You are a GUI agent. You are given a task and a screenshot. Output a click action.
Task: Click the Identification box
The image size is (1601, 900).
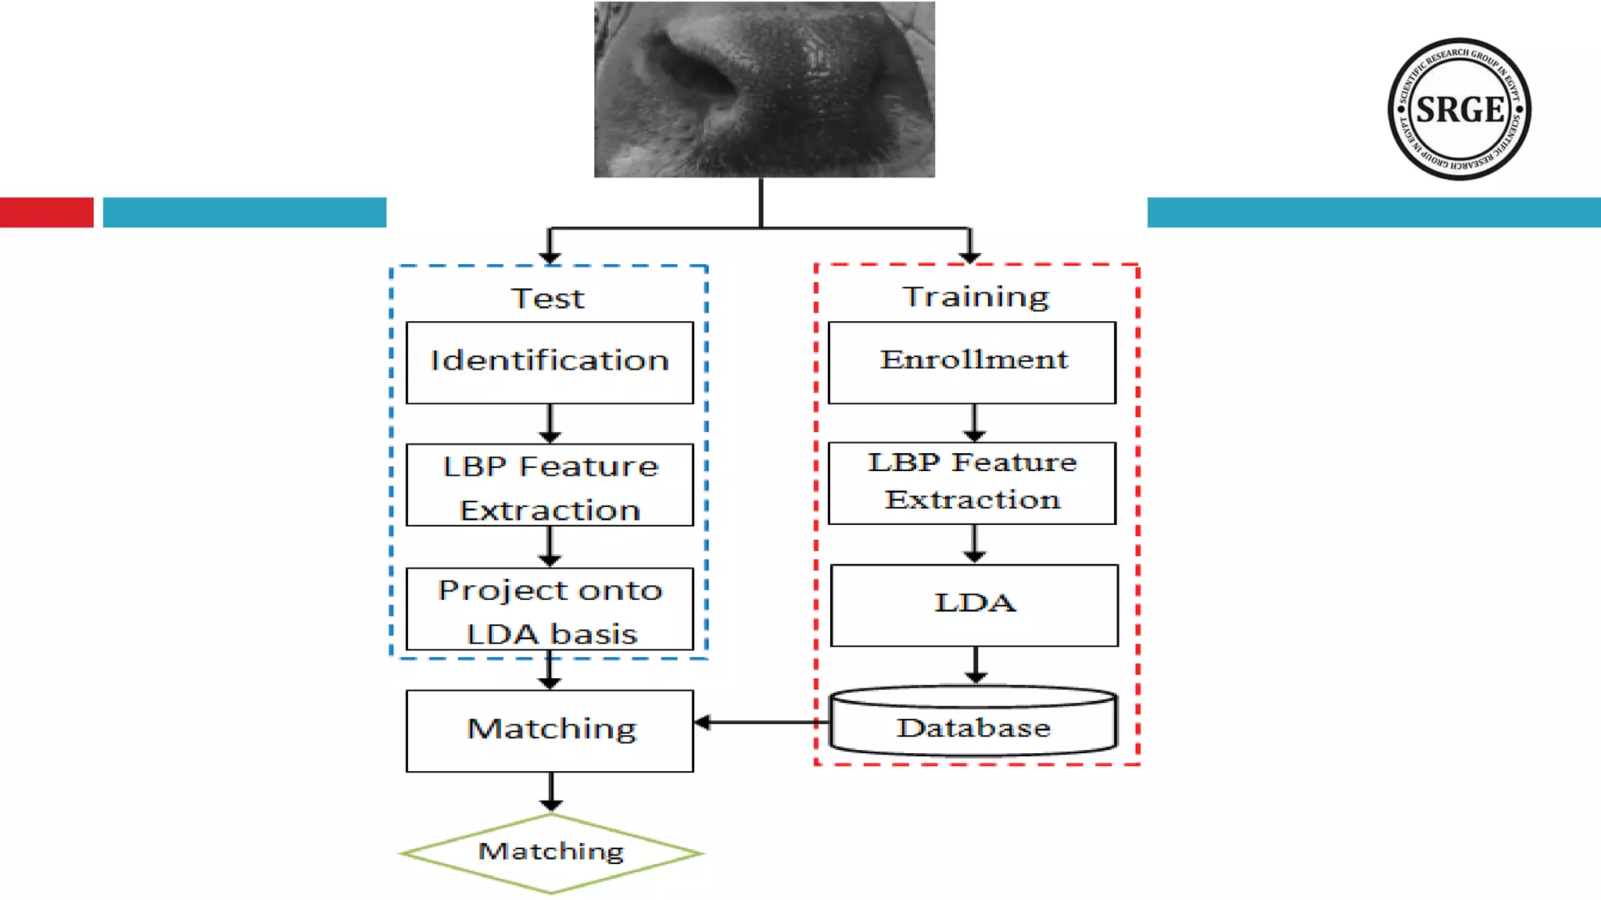coord(550,362)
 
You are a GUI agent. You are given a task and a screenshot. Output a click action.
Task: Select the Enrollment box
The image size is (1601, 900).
coord(972,362)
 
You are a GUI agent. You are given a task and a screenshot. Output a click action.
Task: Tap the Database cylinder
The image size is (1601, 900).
coord(973,723)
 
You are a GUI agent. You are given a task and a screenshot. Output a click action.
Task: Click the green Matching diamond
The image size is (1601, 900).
coord(551,852)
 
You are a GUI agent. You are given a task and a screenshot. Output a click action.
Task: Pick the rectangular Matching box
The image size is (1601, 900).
coord(550,730)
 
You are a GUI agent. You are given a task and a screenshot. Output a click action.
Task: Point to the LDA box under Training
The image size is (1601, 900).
coord(974,605)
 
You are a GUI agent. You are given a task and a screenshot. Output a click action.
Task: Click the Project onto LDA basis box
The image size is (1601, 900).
coord(550,609)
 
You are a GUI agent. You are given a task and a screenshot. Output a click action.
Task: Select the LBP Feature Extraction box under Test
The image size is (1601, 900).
coord(550,485)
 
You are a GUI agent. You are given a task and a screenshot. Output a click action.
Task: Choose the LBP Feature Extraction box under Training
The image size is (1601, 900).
coord(972,483)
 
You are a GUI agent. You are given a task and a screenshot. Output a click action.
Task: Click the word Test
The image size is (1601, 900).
coord(548,298)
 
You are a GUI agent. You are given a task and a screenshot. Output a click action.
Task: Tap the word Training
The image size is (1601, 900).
coord(976,297)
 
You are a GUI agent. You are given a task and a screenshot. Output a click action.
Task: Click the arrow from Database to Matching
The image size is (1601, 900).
coord(762,722)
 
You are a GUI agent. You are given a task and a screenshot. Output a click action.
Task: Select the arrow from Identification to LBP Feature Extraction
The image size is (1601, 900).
coord(550,423)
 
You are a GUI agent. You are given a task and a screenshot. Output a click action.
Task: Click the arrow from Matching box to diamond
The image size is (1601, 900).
coord(551,791)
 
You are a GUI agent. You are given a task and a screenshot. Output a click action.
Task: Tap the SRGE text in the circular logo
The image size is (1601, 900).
coord(1460,109)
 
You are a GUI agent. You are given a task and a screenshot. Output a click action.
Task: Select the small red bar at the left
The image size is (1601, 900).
coord(46,212)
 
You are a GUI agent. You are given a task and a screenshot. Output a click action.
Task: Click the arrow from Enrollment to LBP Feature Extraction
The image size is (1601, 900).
coord(974,423)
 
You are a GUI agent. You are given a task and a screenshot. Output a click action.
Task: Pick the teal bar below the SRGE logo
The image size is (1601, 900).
coord(1374,212)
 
